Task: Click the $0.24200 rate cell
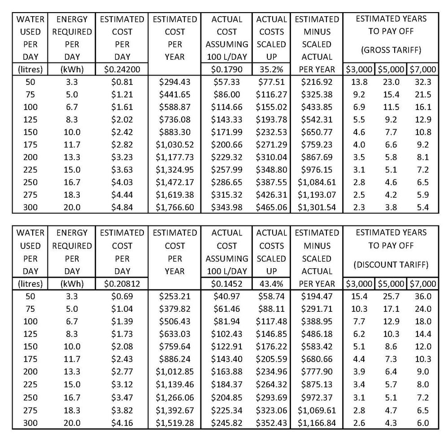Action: (x=122, y=70)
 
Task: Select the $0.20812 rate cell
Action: (x=122, y=284)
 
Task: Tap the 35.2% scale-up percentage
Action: (x=271, y=70)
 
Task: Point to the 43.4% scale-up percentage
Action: (x=271, y=284)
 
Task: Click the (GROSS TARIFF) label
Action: (x=391, y=51)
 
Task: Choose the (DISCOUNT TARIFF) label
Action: (x=391, y=265)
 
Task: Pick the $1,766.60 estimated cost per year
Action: (x=174, y=208)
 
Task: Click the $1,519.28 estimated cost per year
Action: (x=174, y=423)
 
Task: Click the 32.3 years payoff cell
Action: (x=423, y=82)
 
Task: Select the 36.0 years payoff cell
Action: (x=423, y=297)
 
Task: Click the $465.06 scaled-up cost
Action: (x=271, y=208)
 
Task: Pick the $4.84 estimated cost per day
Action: (x=122, y=208)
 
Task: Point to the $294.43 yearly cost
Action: (x=174, y=82)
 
